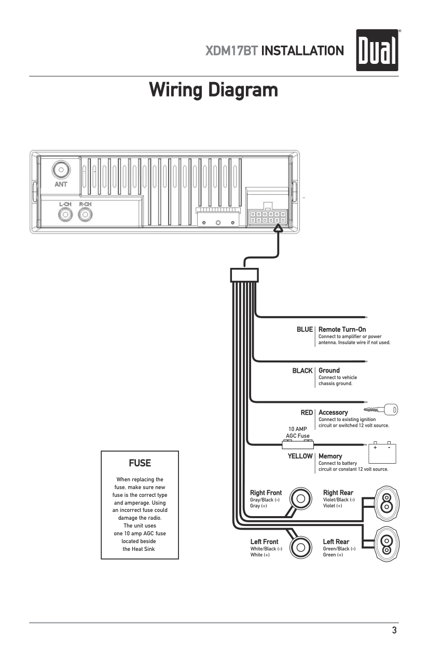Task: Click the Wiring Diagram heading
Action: click(213, 90)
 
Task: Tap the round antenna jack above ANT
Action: click(61, 170)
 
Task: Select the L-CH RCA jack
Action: click(65, 213)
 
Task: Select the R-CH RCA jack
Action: click(85, 213)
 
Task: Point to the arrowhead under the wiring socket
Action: click(279, 227)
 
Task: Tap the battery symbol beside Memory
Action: click(382, 453)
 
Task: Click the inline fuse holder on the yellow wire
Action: click(297, 444)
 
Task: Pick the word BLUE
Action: click(305, 330)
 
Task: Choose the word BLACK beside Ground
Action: click(302, 371)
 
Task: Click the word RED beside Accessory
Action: click(307, 412)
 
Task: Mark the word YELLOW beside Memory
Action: click(300, 456)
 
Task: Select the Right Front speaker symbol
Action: click(300, 498)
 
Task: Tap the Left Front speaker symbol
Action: click(300, 547)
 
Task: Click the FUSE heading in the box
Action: click(140, 462)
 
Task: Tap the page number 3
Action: click(394, 631)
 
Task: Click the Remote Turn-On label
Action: click(342, 329)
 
